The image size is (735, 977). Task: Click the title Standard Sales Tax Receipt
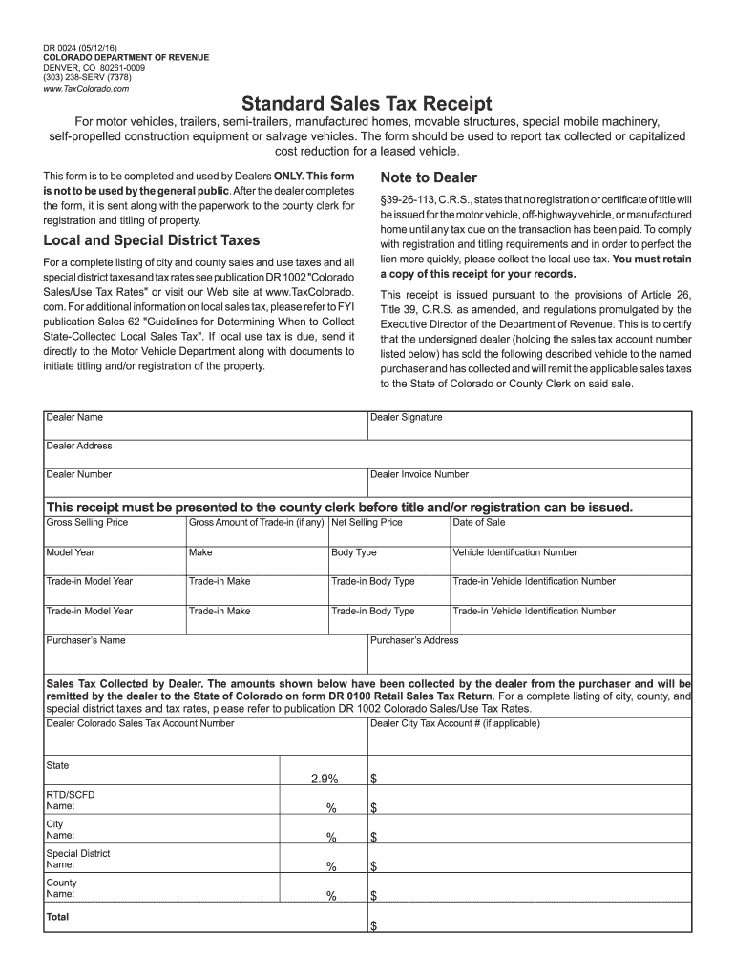click(x=367, y=103)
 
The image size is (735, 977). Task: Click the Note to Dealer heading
click(x=429, y=177)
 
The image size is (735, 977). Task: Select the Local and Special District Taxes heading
click(x=152, y=239)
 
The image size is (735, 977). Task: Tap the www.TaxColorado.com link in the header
click(x=85, y=88)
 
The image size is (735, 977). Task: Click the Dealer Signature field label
click(x=407, y=417)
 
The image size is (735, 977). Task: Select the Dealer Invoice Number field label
click(x=419, y=474)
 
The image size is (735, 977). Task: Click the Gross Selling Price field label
click(x=87, y=522)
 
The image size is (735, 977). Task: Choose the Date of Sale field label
click(x=479, y=522)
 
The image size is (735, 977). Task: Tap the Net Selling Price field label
click(x=367, y=522)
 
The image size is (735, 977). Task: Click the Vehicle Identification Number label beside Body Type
click(x=514, y=552)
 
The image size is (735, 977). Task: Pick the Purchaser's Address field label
click(x=414, y=640)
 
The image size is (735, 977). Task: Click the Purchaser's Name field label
click(x=86, y=640)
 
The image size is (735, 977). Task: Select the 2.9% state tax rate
click(x=325, y=780)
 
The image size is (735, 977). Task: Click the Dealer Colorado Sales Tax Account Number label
click(x=140, y=723)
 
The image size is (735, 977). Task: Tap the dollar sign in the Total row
click(x=374, y=926)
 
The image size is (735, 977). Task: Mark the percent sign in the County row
click(x=331, y=896)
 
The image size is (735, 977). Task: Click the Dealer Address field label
click(x=79, y=446)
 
